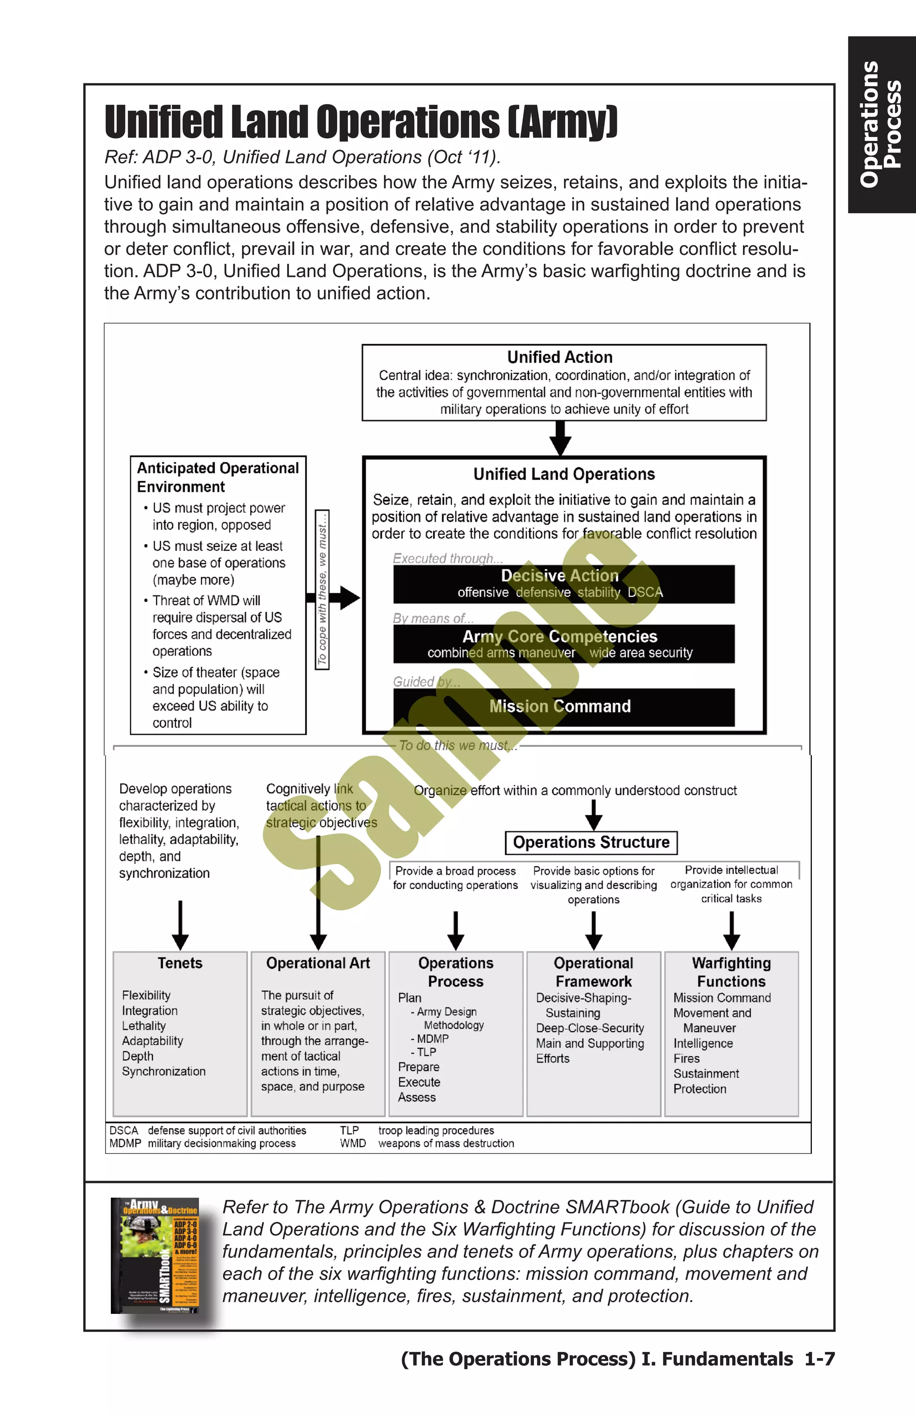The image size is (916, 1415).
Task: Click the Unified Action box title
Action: pyautogui.click(x=560, y=357)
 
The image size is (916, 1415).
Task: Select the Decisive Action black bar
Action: pyautogui.click(x=563, y=584)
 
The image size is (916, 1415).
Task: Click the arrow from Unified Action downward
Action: pyautogui.click(x=560, y=439)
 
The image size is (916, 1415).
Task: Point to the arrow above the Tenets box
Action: pyautogui.click(x=180, y=925)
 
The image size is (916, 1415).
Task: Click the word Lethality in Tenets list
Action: pyautogui.click(x=144, y=1025)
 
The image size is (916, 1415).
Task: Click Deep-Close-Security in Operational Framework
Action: pyautogui.click(x=589, y=1028)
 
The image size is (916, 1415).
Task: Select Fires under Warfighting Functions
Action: pyautogui.click(x=686, y=1058)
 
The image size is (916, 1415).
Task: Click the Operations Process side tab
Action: pyautogui.click(x=881, y=124)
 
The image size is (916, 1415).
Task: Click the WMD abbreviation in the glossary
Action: pyautogui.click(x=352, y=1143)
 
